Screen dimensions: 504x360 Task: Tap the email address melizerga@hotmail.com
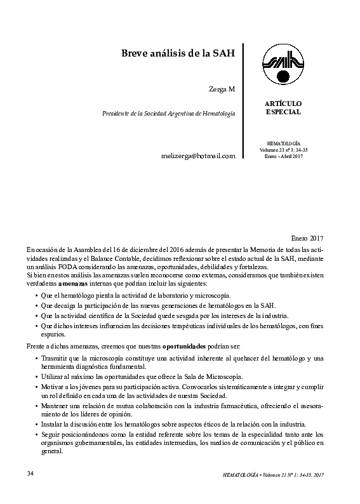tap(199, 156)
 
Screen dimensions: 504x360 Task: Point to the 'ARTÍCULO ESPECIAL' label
tap(283, 107)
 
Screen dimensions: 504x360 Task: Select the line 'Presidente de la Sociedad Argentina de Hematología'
tap(168, 113)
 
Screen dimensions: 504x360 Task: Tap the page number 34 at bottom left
tap(30, 474)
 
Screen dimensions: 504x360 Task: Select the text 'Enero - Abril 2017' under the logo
tap(283, 156)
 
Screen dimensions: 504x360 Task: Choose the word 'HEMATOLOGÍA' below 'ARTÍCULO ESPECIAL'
tap(283, 143)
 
